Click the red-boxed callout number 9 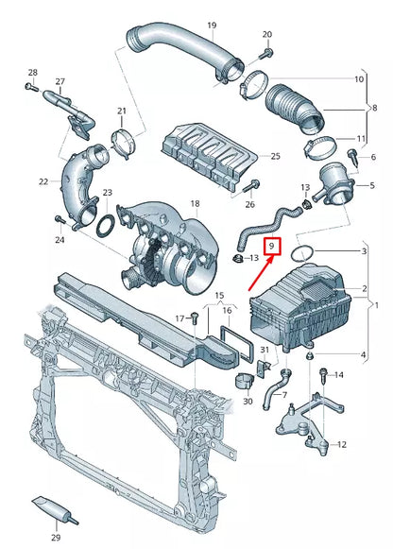pyautogui.click(x=271, y=248)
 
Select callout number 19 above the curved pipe pyautogui.click(x=212, y=25)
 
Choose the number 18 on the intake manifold pyautogui.click(x=195, y=204)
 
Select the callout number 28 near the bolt pyautogui.click(x=32, y=73)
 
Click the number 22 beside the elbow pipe pyautogui.click(x=43, y=181)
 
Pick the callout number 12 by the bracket pyautogui.click(x=341, y=444)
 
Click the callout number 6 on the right pyautogui.click(x=372, y=156)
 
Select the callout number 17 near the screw pyautogui.click(x=179, y=317)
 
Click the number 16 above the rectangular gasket pyautogui.click(x=227, y=310)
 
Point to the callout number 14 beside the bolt pyautogui.click(x=339, y=375)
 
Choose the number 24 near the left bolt pyautogui.click(x=60, y=240)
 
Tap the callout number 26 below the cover pyautogui.click(x=249, y=204)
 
